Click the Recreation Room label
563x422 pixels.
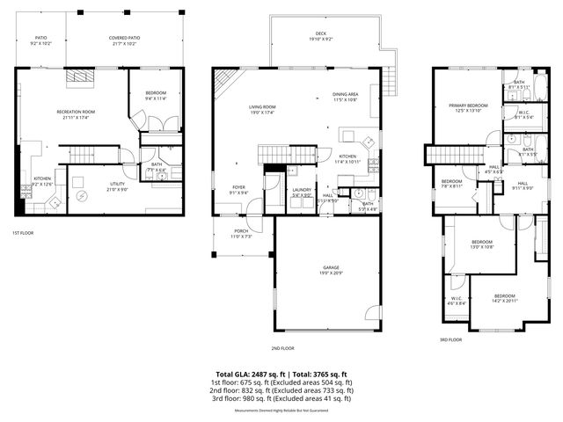[x=76, y=112]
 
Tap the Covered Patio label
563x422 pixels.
[x=124, y=39]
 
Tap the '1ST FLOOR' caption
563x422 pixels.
[x=24, y=233]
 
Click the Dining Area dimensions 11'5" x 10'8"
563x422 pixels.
[x=345, y=100]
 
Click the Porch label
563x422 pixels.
[x=240, y=232]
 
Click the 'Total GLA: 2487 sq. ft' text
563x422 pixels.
[x=252, y=375]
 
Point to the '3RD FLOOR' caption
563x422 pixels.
[x=450, y=339]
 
